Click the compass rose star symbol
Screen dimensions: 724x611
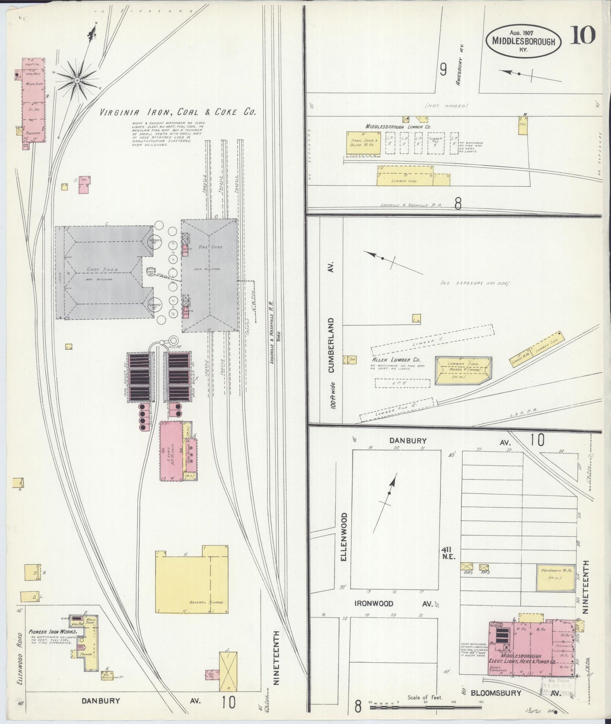coord(77,79)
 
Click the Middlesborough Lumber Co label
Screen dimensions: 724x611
coord(398,126)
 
